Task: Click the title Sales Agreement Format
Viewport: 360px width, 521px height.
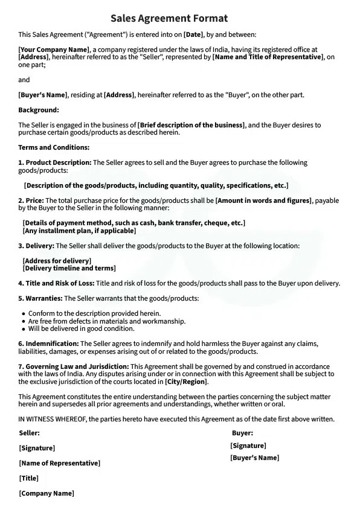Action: [x=169, y=19]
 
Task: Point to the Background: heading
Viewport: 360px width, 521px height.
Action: [x=39, y=110]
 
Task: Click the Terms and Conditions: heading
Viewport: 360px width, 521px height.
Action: [x=54, y=147]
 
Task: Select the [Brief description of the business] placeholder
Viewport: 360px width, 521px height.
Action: [x=191, y=125]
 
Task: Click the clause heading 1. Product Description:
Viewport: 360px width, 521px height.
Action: [x=55, y=162]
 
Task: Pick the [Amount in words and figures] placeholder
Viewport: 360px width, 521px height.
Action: [x=263, y=200]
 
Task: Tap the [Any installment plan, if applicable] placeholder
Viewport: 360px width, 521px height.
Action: [x=79, y=231]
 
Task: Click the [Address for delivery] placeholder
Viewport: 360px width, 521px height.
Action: [x=56, y=261]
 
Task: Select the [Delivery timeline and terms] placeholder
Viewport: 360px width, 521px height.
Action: [x=69, y=268]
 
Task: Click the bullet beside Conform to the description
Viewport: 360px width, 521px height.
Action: [x=23, y=314]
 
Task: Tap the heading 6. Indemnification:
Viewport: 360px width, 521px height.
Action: [x=49, y=344]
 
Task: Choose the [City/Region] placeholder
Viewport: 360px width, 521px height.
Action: [x=186, y=382]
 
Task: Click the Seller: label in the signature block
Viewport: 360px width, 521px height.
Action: [x=29, y=433]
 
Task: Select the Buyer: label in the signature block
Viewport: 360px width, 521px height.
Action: [x=242, y=433]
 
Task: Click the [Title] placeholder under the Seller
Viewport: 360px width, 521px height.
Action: [x=29, y=478]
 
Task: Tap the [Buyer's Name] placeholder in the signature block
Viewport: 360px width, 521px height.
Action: [x=254, y=458]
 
